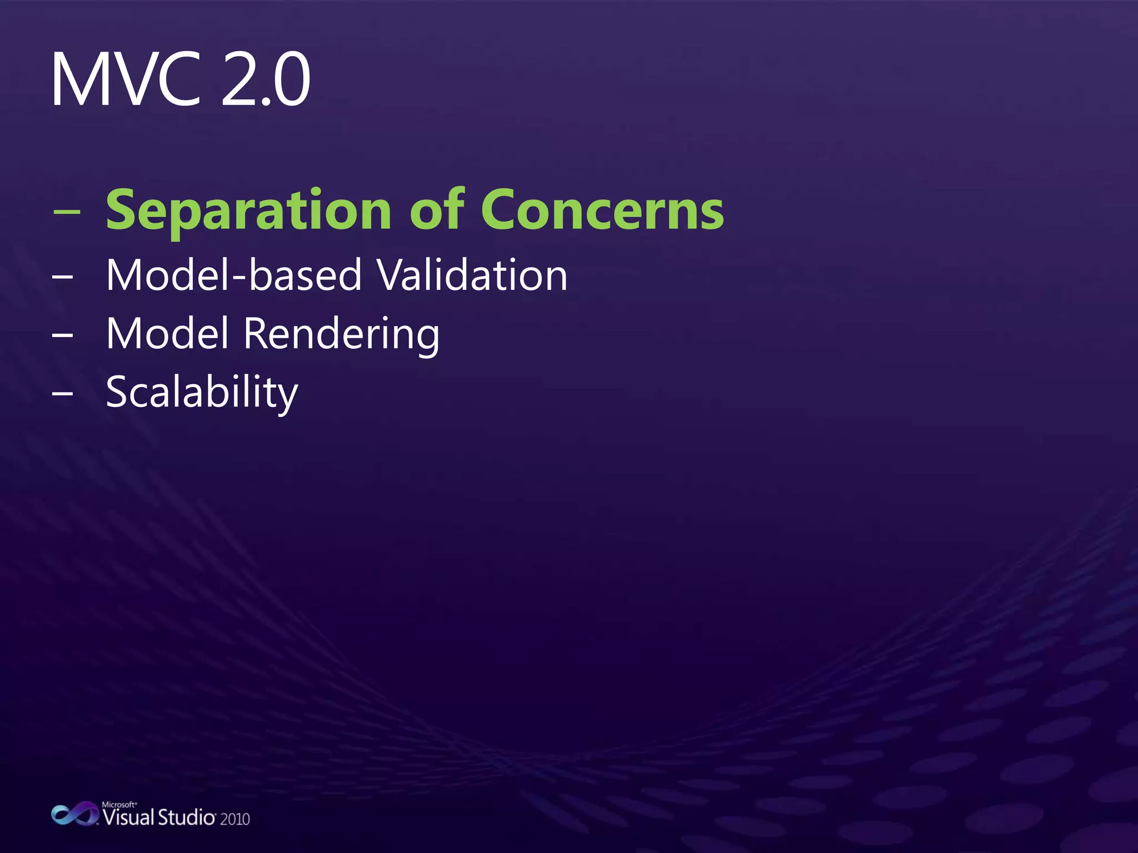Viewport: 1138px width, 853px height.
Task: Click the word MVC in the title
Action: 126,79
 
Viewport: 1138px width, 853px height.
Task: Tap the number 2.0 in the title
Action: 266,79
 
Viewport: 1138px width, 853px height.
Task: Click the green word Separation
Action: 249,210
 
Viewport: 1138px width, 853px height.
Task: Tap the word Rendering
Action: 341,334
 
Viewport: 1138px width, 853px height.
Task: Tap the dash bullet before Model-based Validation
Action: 62,275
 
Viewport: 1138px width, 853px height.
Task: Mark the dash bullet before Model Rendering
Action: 62,335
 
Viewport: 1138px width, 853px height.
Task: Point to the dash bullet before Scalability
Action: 62,393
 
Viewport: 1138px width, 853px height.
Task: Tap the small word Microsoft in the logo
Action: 118,804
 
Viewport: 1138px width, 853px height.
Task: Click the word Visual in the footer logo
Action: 128,817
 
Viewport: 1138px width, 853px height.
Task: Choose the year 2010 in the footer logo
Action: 235,819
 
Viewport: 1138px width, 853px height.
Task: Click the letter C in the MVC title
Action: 179,79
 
